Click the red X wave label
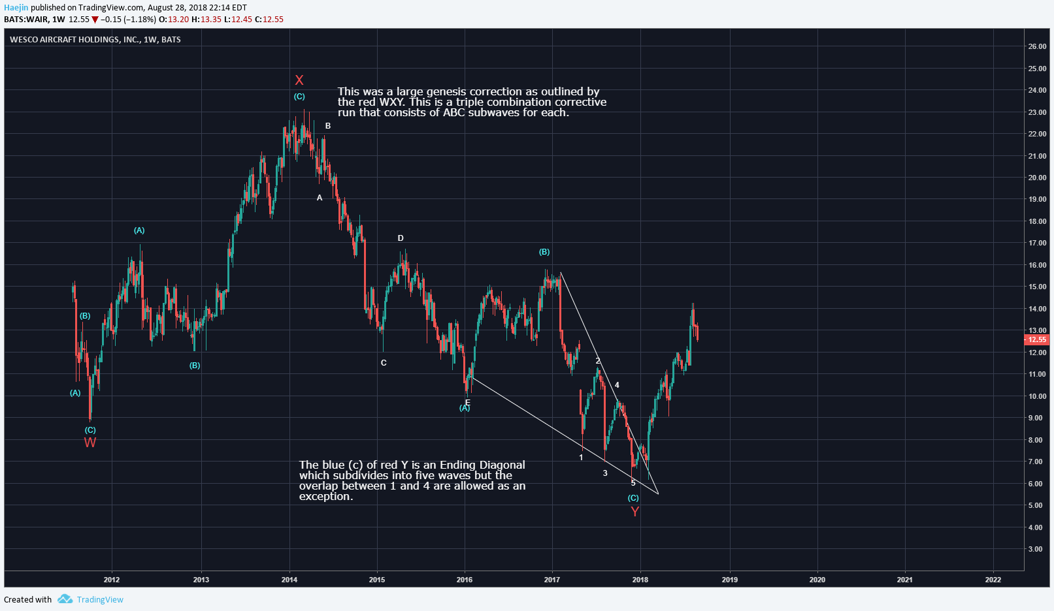coord(299,80)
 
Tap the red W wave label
coord(90,443)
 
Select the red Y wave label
coord(634,511)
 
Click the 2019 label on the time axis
coord(729,580)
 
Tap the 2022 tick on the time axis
coord(993,580)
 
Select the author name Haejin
coord(16,8)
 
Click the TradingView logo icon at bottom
coord(65,599)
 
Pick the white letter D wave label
coord(401,238)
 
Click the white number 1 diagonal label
coord(581,458)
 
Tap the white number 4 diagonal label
coord(617,385)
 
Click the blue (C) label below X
coord(299,97)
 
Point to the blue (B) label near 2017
coord(544,252)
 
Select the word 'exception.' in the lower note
coord(326,496)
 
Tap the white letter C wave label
coord(384,363)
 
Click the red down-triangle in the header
coord(95,20)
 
